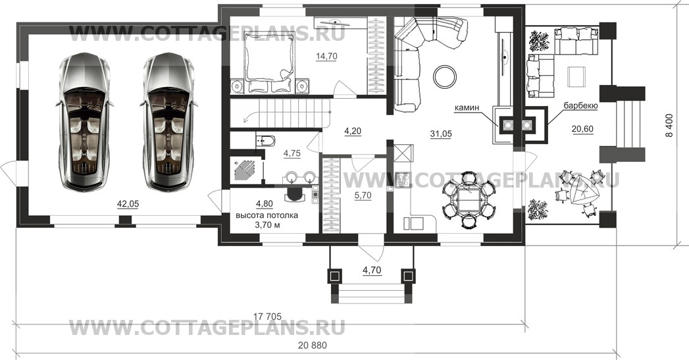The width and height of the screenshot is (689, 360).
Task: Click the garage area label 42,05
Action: tap(128, 204)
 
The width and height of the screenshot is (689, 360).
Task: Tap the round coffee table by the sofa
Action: tap(446, 76)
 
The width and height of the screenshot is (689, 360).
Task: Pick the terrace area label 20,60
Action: tap(582, 130)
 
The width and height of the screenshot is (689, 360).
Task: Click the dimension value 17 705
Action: tap(270, 314)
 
